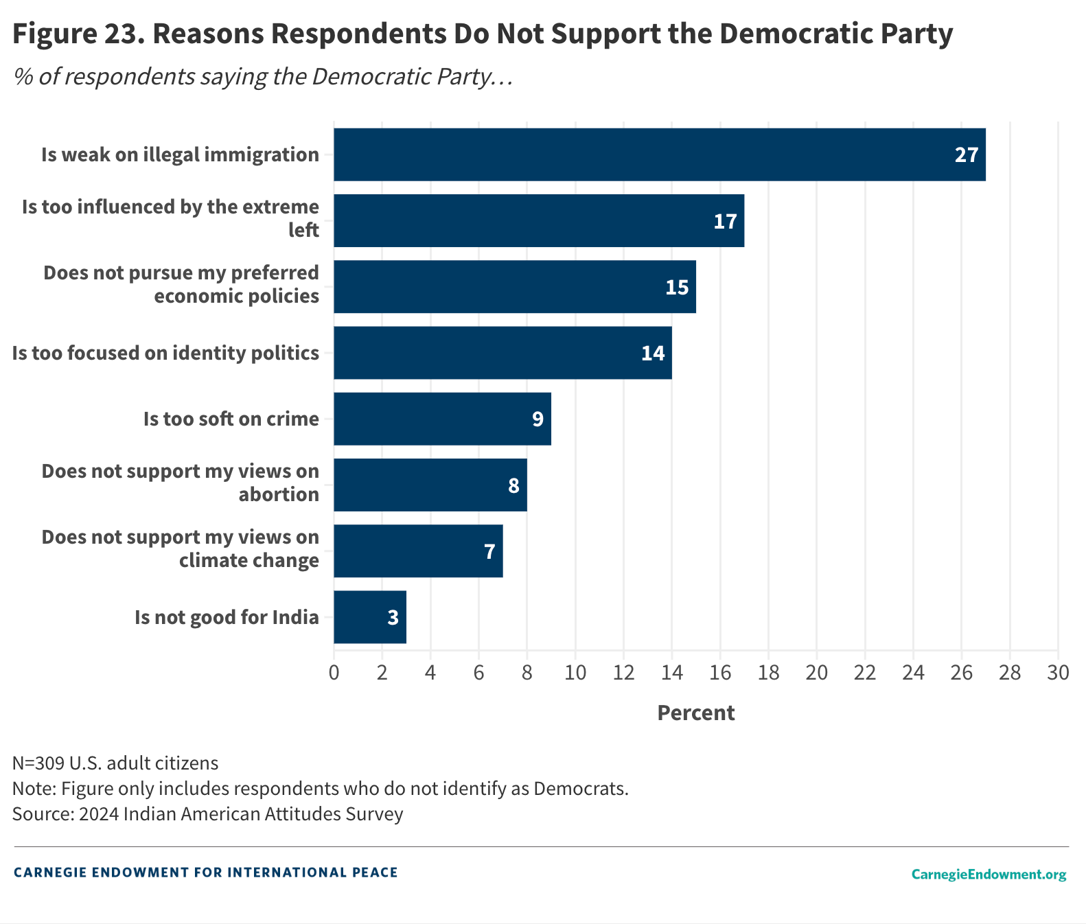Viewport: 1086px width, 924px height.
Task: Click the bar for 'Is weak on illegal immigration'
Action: coord(659,154)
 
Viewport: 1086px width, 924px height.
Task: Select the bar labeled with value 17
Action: coord(539,221)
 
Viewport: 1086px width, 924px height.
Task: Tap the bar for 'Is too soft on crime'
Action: coord(442,419)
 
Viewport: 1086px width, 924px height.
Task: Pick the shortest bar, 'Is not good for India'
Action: coord(369,617)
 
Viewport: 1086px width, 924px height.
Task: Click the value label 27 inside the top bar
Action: coord(966,155)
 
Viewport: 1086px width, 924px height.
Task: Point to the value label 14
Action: coord(653,354)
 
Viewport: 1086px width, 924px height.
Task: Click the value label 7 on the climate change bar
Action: coord(489,552)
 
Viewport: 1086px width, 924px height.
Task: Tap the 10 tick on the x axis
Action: coord(575,673)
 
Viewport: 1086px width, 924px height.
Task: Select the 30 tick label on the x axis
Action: coord(1058,673)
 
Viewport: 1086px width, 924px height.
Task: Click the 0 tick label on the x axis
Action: coord(334,673)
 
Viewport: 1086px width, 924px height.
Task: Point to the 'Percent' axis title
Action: coord(695,713)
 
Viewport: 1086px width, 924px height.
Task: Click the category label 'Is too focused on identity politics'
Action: coord(166,353)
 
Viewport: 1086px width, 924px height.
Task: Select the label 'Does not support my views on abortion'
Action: coord(181,483)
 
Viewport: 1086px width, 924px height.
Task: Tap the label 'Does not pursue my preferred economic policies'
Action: coord(181,284)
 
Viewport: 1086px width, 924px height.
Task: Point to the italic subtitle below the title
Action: coord(263,76)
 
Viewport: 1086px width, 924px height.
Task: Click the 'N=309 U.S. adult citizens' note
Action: coord(115,763)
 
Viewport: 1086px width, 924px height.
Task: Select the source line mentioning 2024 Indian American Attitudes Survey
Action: coord(207,814)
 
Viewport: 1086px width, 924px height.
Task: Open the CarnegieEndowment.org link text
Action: coord(989,874)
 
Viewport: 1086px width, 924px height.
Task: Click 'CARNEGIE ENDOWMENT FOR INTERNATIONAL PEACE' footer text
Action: coord(205,873)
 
